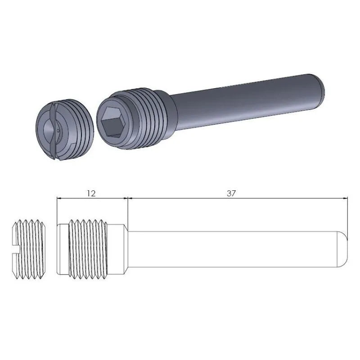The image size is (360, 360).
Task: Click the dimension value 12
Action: point(91,193)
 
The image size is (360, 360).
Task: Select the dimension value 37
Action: point(231,193)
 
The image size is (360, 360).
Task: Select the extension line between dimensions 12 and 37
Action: point(129,211)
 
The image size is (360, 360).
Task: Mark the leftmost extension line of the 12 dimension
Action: point(57,211)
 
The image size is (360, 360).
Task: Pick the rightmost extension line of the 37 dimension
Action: point(348,216)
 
